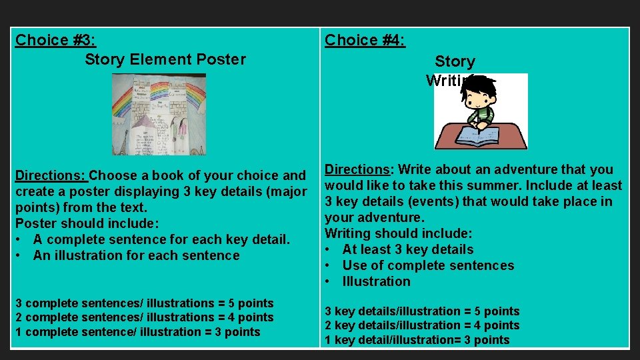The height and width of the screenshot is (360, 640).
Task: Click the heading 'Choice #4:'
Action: click(365, 40)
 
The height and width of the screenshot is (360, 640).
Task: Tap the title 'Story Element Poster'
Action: click(165, 59)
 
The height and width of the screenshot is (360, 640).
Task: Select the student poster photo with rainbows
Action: click(159, 114)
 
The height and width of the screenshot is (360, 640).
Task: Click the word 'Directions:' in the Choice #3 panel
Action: click(51, 176)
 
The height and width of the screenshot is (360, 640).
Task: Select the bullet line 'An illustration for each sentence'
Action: click(136, 255)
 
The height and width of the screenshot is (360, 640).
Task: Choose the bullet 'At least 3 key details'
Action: click(407, 249)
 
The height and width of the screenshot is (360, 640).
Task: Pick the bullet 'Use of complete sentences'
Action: click(427, 265)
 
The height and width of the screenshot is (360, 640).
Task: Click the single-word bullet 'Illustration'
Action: click(376, 281)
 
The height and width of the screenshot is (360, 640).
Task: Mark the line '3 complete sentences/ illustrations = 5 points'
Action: click(144, 303)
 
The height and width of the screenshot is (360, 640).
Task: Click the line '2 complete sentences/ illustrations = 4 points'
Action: click(144, 317)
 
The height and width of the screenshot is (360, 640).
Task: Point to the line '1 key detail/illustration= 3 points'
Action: click(417, 340)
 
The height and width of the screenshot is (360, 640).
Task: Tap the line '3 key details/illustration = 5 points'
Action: click(421, 311)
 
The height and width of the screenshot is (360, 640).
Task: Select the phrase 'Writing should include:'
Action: click(398, 233)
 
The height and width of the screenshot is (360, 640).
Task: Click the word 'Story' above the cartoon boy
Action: click(455, 62)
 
